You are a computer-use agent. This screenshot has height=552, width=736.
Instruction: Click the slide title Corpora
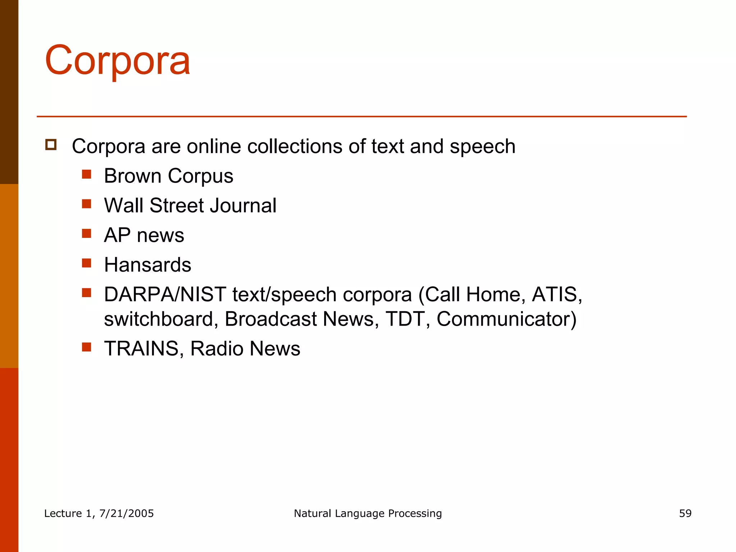(117, 60)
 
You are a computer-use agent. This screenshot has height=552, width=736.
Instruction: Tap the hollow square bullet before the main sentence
(51, 144)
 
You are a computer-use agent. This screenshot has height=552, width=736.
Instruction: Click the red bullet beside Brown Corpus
(86, 174)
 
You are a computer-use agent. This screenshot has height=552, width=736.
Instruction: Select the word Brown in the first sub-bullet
(133, 176)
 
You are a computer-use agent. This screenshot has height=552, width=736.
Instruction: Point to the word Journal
(243, 206)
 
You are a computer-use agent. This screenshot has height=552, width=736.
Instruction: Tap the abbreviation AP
(117, 235)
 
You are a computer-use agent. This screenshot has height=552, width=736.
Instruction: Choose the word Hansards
(147, 265)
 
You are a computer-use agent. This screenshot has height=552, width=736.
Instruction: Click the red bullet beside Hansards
(86, 263)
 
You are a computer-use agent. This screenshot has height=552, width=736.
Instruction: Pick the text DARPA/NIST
(165, 294)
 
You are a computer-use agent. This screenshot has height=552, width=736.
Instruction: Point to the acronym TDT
(405, 319)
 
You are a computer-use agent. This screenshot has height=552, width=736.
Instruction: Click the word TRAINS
(141, 349)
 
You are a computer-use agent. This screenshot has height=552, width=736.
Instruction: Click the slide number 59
(685, 513)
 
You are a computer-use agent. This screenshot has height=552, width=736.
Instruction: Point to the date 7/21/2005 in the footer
(126, 513)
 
